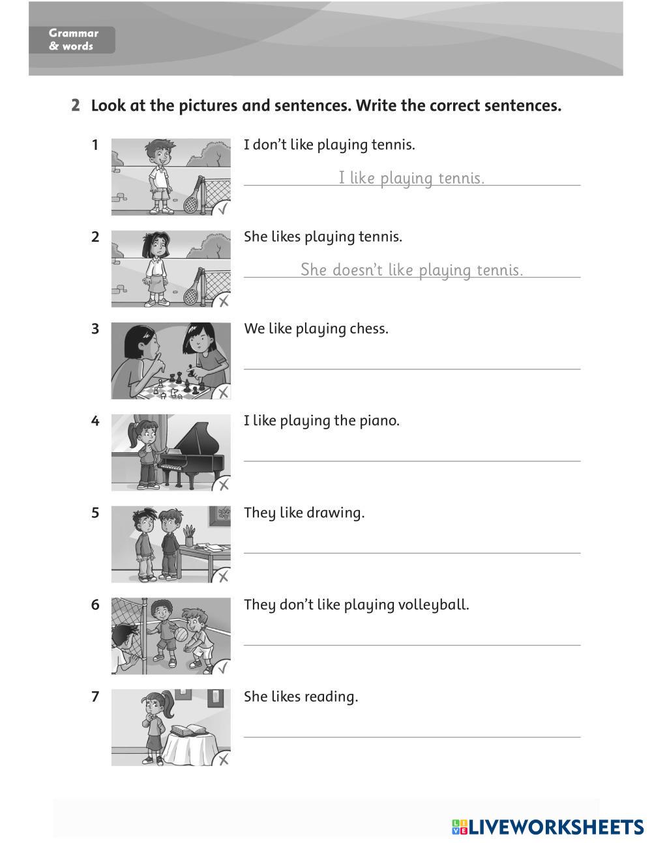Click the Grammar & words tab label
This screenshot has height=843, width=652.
coord(72,40)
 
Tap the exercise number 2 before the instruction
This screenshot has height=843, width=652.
coord(76,106)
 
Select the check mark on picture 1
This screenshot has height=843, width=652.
coord(222,209)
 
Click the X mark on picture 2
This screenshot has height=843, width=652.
coord(223,301)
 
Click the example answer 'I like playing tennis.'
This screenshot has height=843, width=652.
coord(411,178)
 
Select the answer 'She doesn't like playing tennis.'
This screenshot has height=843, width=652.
coord(411,270)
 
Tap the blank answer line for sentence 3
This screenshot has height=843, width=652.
coord(411,367)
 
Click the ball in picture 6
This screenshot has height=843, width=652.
coord(181,634)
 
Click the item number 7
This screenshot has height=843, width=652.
coord(95,697)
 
